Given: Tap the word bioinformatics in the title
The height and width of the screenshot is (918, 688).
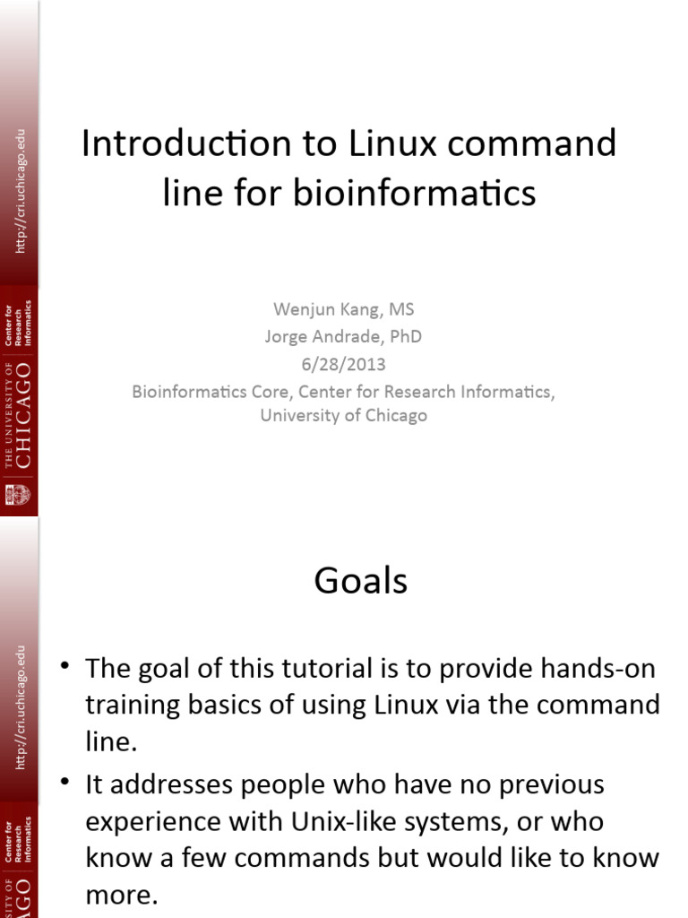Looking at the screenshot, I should (415, 193).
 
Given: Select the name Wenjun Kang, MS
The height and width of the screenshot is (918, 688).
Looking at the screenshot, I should (344, 310).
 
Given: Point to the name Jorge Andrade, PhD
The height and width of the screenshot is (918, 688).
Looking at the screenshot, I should (343, 337).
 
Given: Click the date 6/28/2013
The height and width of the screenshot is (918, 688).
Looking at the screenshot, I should (344, 365).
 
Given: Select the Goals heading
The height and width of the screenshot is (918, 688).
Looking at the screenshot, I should (361, 582).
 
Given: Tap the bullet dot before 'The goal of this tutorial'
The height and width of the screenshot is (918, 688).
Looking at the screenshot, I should (64, 665).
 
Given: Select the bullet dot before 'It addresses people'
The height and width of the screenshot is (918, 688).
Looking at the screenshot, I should (64, 782).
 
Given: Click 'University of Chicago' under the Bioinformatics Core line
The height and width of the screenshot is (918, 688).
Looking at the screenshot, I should (344, 416).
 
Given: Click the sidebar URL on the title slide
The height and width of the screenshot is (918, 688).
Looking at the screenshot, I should (21, 190).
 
